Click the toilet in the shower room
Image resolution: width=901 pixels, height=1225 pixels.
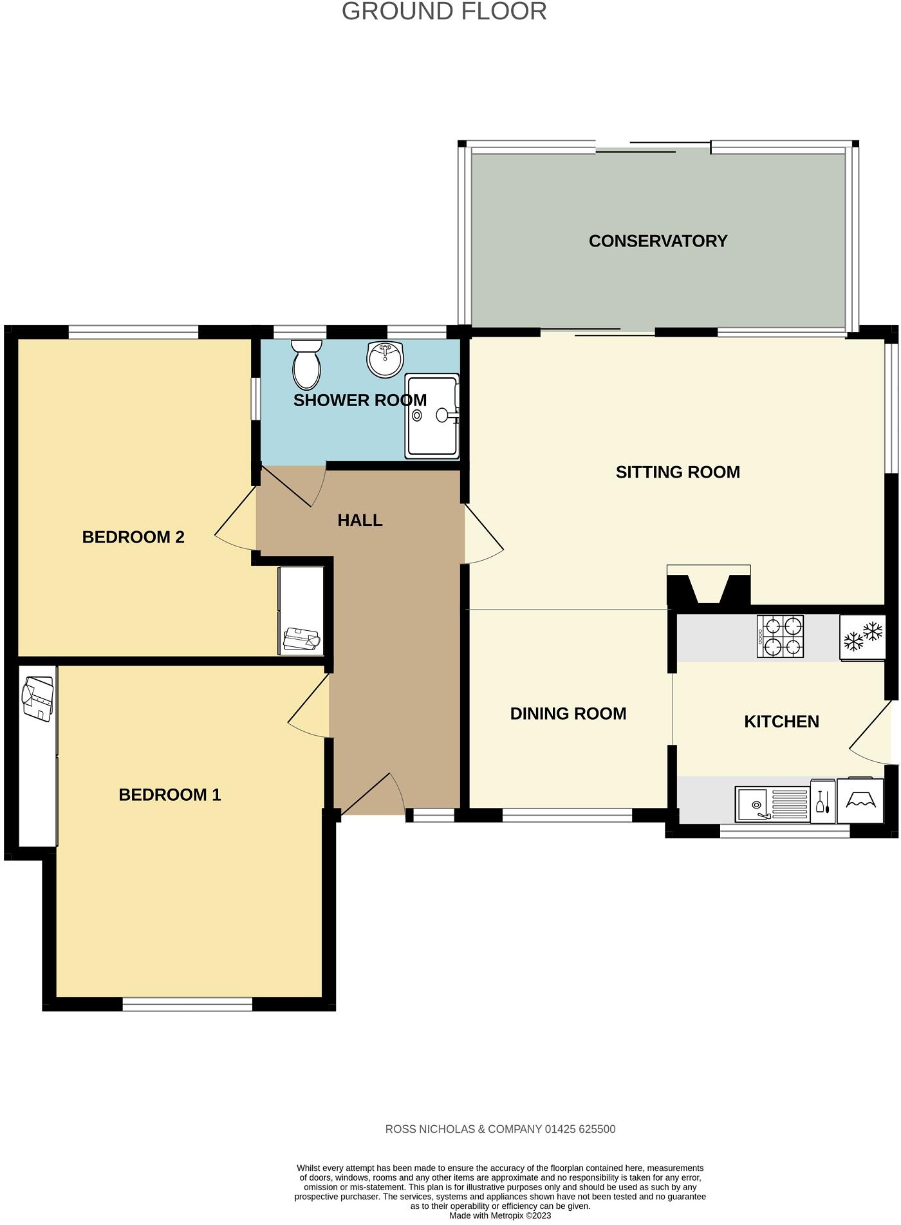306,364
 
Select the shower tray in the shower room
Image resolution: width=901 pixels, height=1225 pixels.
432,416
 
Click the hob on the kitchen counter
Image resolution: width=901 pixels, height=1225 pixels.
781,637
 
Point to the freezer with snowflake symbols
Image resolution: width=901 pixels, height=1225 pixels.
862,637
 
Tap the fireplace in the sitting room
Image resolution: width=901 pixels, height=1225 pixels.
709,586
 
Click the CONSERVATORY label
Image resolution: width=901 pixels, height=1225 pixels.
658,241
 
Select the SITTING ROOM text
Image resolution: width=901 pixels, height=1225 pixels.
678,472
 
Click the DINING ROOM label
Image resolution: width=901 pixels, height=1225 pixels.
568,714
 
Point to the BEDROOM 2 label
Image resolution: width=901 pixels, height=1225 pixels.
133,538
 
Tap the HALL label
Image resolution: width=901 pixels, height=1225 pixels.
360,521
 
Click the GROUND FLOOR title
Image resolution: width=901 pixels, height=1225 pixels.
444,12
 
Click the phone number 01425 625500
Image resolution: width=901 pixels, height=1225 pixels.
580,1129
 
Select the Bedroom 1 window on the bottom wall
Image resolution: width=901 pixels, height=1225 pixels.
187,1004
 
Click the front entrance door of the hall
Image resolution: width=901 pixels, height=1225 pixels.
373,796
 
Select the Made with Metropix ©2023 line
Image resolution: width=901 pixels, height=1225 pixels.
500,1216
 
